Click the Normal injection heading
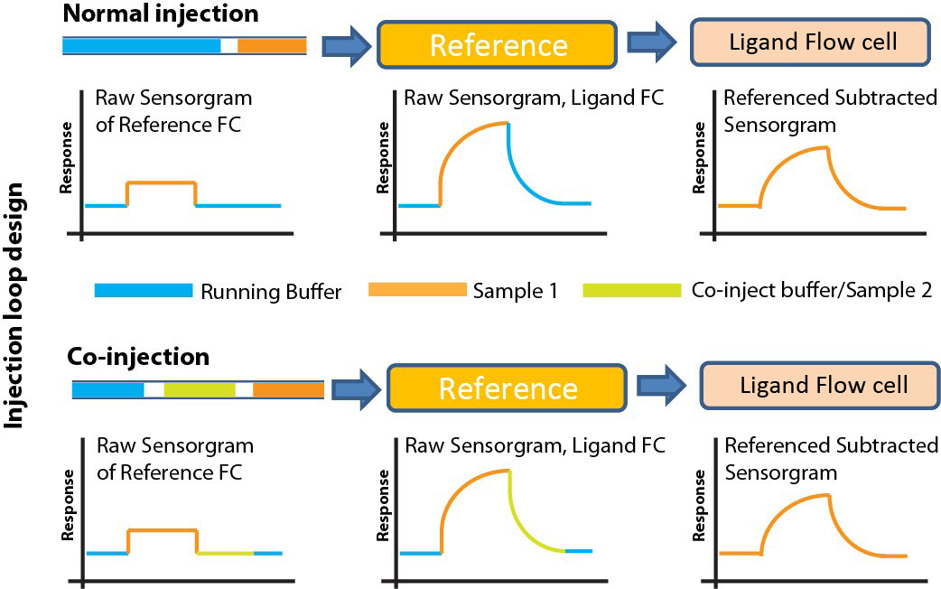(x=161, y=14)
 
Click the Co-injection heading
(x=138, y=357)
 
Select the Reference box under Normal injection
(x=498, y=45)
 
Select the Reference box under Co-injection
(x=508, y=388)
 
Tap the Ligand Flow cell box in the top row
(x=812, y=42)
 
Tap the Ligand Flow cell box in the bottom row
(x=821, y=385)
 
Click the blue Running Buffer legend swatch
(x=144, y=291)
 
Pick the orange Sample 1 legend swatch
(x=417, y=290)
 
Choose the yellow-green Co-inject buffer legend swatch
(x=632, y=291)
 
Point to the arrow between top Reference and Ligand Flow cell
(x=652, y=42)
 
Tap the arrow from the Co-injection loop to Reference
(x=356, y=389)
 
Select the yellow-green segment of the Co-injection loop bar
(x=200, y=389)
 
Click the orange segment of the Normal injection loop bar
(x=272, y=46)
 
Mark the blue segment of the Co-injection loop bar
(x=108, y=389)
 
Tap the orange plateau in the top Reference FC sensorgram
(x=162, y=182)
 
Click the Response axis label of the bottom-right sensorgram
(x=699, y=506)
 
